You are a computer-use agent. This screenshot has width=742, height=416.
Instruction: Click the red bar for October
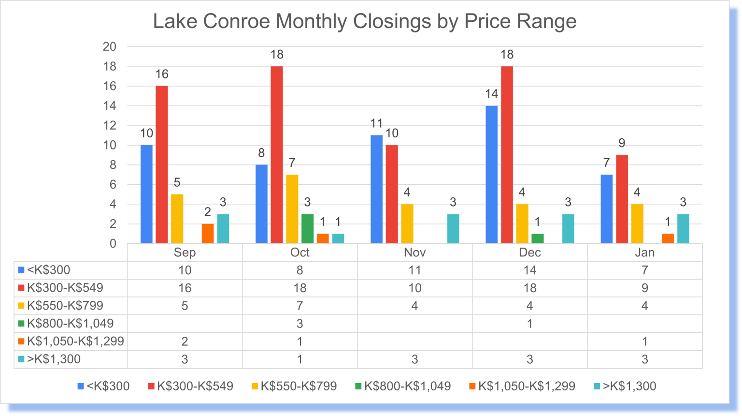[x=277, y=155]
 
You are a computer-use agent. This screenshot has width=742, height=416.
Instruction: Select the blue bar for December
[x=491, y=174]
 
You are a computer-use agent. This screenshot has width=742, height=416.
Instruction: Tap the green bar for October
[x=307, y=228]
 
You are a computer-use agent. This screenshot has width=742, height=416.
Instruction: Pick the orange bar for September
[x=208, y=234]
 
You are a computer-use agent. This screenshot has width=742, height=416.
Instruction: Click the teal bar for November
[x=453, y=228]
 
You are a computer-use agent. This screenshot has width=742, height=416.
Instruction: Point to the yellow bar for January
[x=637, y=223]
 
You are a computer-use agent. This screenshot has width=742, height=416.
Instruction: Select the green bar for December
[x=537, y=238]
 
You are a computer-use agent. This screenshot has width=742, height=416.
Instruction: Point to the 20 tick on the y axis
[x=110, y=47]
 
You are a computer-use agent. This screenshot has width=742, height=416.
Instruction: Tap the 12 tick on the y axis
[x=110, y=126]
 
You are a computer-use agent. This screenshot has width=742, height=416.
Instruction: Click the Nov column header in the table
[x=414, y=253]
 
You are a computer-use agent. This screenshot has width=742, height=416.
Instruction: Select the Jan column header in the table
[x=644, y=253]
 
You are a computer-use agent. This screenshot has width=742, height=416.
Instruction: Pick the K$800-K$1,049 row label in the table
[x=70, y=324]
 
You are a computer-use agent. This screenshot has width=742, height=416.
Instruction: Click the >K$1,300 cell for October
[x=300, y=359]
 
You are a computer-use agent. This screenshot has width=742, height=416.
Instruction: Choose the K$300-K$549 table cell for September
[x=185, y=288]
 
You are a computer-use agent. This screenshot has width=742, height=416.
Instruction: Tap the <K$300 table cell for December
[x=529, y=270]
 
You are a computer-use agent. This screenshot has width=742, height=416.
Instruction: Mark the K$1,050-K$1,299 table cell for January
[x=644, y=342]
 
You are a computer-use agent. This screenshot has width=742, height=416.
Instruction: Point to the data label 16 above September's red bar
[x=162, y=74]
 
